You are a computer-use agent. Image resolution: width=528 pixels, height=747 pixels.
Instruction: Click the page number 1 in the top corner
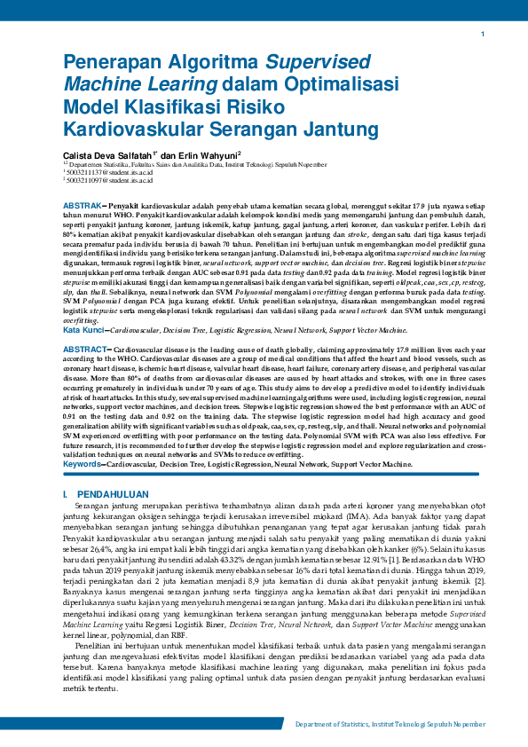click(482, 34)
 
